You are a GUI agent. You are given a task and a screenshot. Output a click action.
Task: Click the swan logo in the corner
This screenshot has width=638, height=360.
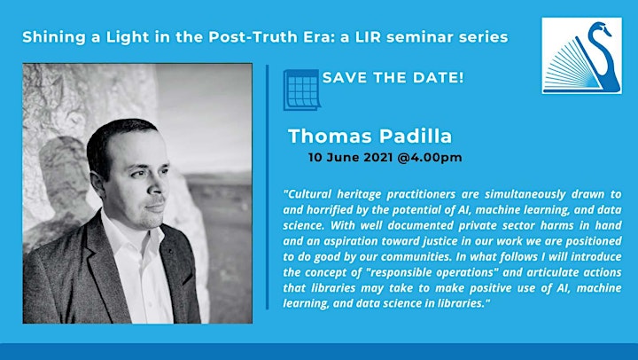click(x=581, y=56)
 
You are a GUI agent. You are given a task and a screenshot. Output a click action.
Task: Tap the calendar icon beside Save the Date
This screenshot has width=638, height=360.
click(x=301, y=90)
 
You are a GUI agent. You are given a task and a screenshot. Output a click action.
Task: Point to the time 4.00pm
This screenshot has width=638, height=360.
click(x=436, y=158)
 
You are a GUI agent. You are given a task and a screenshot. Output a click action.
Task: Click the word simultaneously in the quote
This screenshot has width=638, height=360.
click(x=525, y=194)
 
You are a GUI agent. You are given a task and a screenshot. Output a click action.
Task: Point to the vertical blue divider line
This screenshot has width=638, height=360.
click(x=267, y=186)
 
